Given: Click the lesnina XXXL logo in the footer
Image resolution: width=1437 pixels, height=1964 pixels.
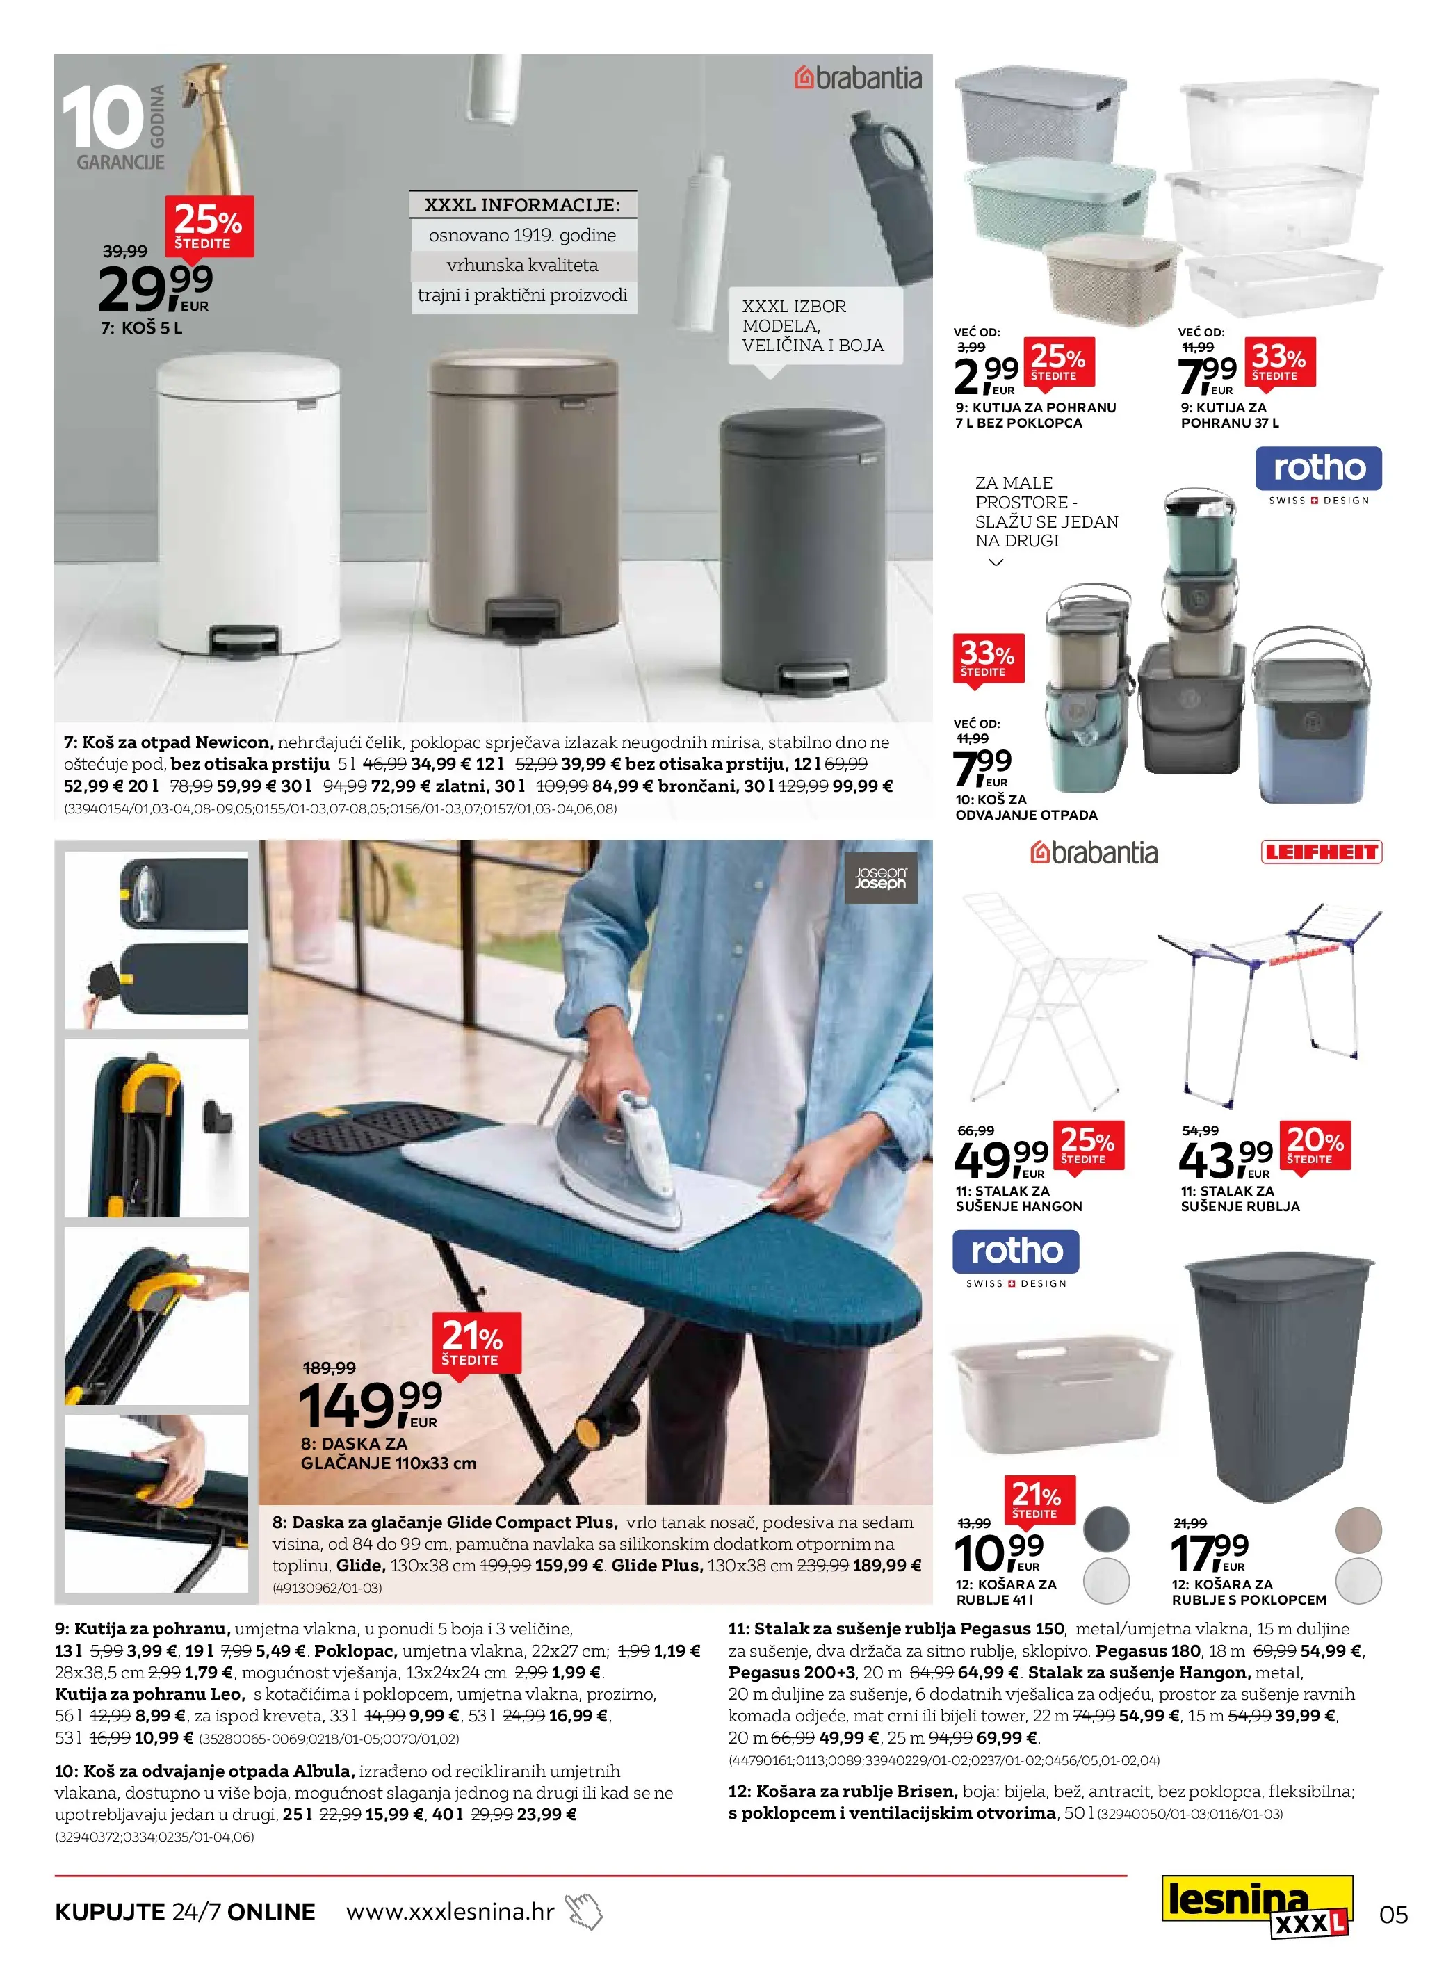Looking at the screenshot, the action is pyautogui.click(x=1258, y=1908).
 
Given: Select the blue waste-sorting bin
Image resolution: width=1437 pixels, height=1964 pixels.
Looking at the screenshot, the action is pyautogui.click(x=1312, y=724).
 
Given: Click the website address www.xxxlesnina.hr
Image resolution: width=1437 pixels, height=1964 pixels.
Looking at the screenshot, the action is pyautogui.click(x=450, y=1911).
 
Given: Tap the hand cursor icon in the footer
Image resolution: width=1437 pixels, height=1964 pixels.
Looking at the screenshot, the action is pyautogui.click(x=585, y=1911).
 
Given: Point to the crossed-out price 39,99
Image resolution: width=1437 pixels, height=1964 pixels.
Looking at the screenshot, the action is pyautogui.click(x=125, y=252).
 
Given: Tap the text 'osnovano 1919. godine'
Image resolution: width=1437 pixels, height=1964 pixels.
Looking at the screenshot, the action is pyautogui.click(x=522, y=235).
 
